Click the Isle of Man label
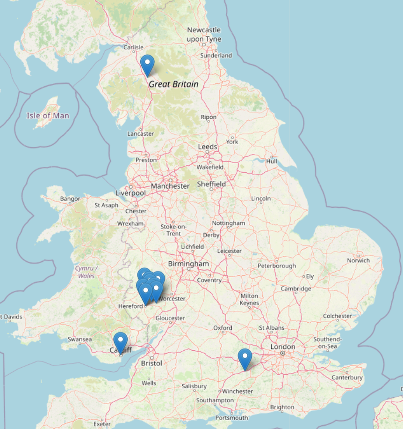click(48, 116)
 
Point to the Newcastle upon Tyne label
click(204, 35)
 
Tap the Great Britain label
click(173, 84)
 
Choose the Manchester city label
click(171, 186)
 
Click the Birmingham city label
click(188, 264)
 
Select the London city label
click(283, 347)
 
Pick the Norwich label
click(358, 260)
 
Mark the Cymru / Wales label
click(86, 272)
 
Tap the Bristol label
click(151, 363)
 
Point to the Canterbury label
click(347, 377)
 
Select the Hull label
click(272, 161)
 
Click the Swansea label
click(79, 339)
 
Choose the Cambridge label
click(296, 288)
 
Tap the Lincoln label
click(261, 199)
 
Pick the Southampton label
click(215, 400)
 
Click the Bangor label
click(70, 199)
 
